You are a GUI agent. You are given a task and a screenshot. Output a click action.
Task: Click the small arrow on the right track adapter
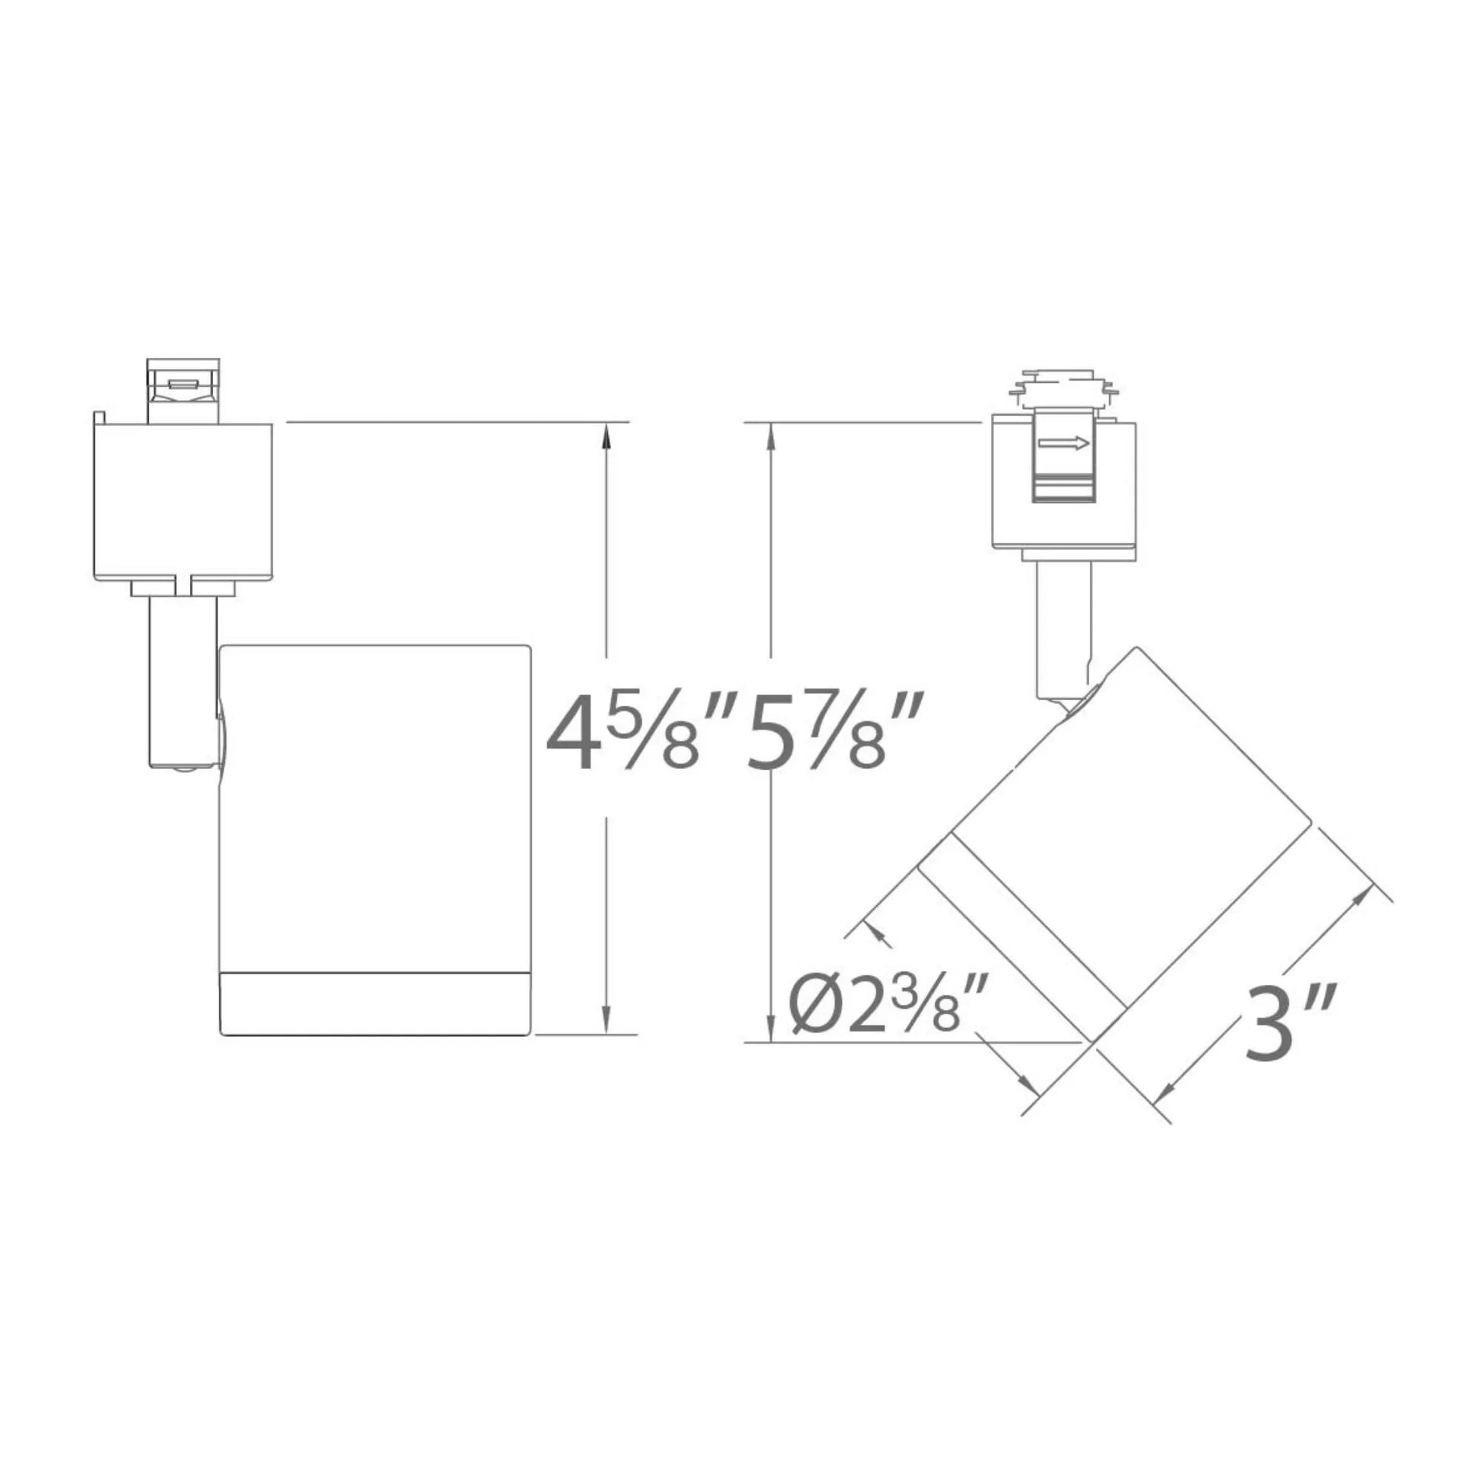click(x=1063, y=443)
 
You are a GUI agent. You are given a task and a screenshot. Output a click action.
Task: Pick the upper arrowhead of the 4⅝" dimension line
click(x=606, y=436)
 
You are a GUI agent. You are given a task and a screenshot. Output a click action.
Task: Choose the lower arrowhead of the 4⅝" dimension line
click(x=606, y=1021)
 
